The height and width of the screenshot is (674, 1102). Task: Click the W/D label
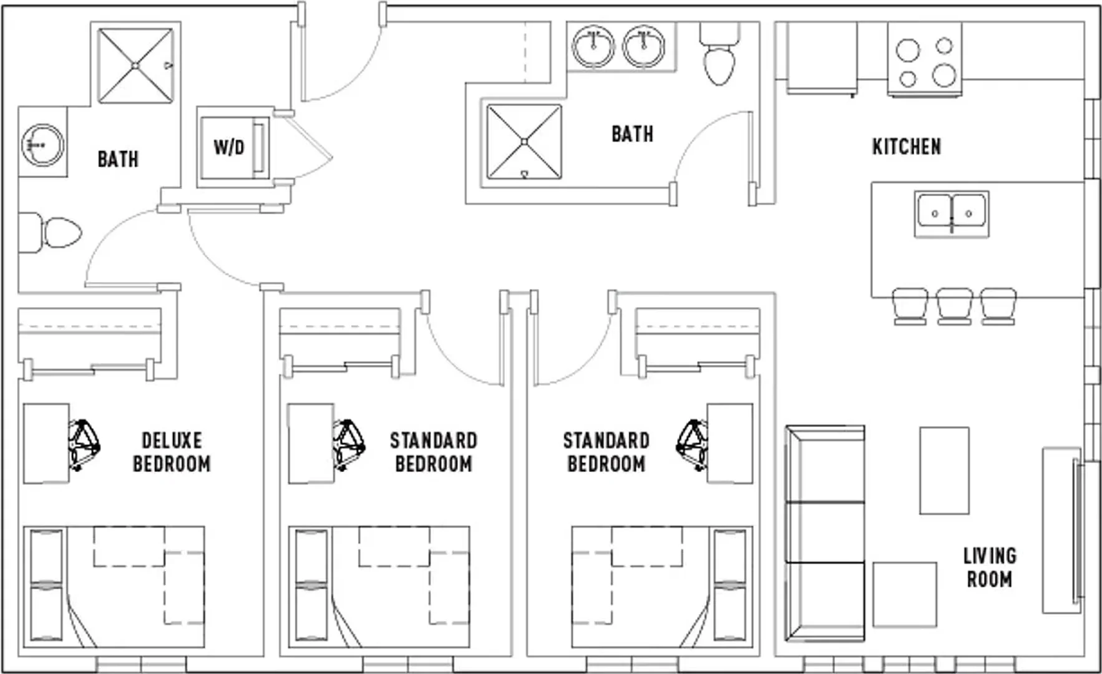(x=228, y=147)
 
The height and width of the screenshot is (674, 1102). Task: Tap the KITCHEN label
(x=906, y=147)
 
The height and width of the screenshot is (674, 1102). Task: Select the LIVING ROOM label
(x=989, y=567)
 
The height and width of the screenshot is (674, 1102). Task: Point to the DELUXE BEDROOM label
(x=172, y=452)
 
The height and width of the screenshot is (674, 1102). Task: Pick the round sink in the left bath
(x=42, y=145)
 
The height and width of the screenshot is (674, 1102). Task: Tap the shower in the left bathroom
(x=135, y=65)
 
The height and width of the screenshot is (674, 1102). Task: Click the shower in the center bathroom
(x=524, y=142)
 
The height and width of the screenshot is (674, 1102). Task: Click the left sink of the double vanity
(x=593, y=46)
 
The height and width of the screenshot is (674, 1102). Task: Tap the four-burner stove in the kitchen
(x=925, y=61)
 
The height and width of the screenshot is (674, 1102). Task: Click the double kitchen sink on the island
(x=952, y=214)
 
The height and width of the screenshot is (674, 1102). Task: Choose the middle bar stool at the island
(x=954, y=306)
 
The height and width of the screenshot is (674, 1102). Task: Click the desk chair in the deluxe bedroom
(x=84, y=444)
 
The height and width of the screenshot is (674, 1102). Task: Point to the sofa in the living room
(x=825, y=534)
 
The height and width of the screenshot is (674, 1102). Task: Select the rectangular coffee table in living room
(x=944, y=471)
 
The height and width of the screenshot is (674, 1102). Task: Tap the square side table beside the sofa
(x=904, y=594)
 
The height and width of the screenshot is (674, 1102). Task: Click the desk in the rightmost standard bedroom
(x=729, y=443)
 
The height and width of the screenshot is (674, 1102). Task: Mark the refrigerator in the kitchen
(x=821, y=59)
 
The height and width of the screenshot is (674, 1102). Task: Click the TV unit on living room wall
(x=1062, y=529)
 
